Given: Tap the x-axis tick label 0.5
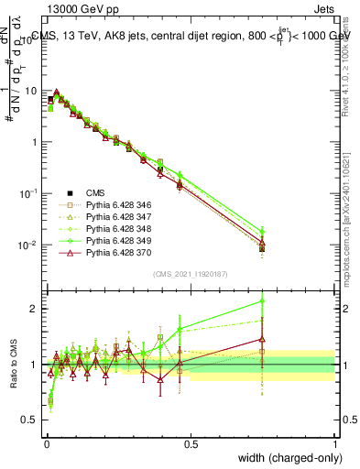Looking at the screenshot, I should tap(190, 443).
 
